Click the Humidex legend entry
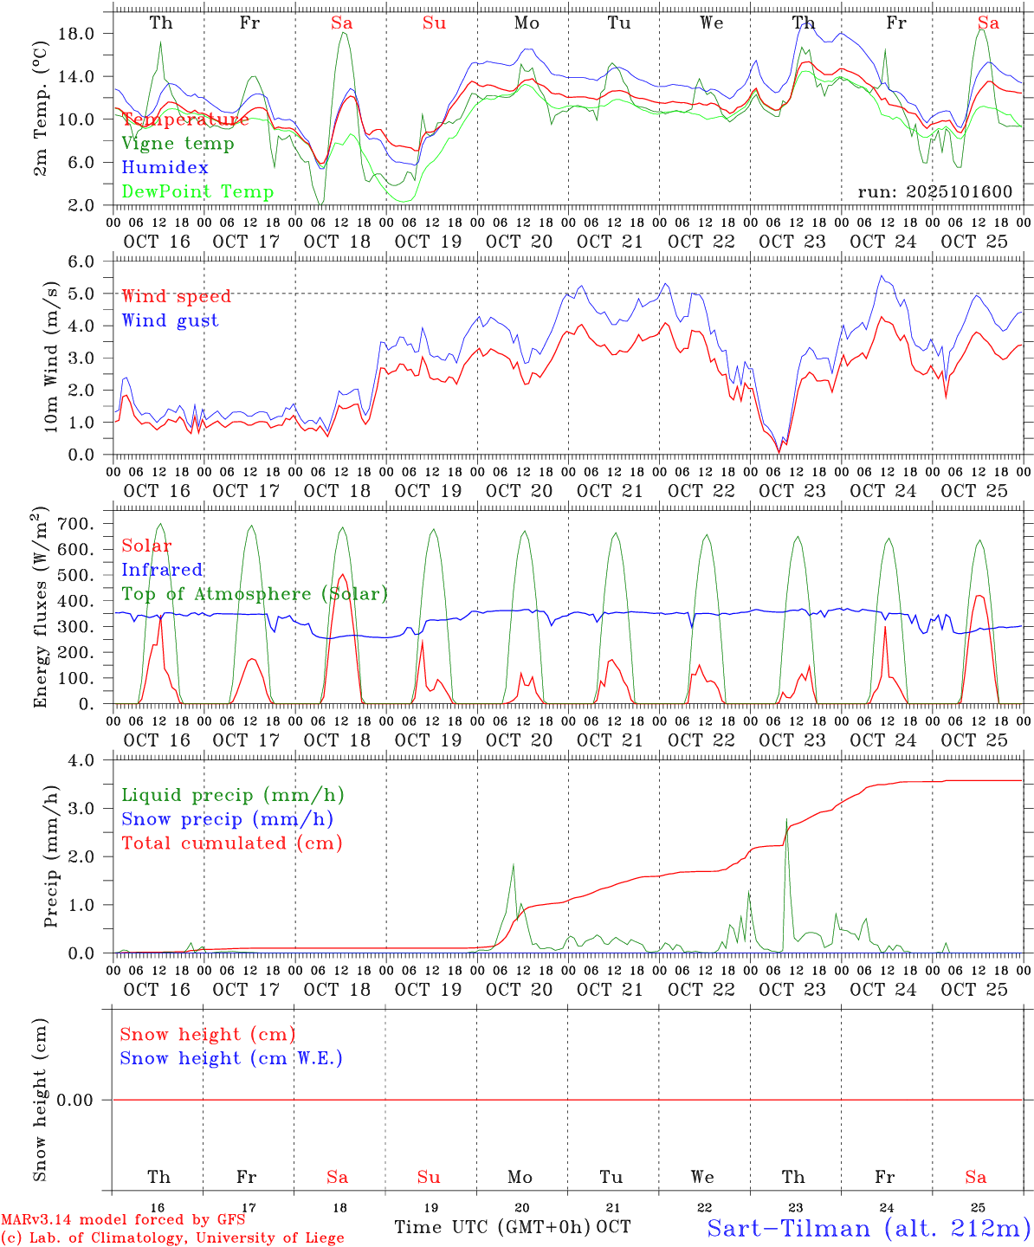[x=165, y=168]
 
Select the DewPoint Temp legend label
[x=197, y=192]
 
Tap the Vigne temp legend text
[x=178, y=144]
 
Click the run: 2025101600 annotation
[x=934, y=192]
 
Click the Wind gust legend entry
[x=170, y=321]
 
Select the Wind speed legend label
[x=177, y=297]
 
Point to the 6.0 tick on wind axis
[x=92, y=262]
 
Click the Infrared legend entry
[x=162, y=570]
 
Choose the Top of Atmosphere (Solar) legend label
[x=255, y=594]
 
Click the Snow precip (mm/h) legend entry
[x=227, y=819]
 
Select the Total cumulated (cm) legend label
[x=231, y=843]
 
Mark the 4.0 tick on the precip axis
[x=92, y=760]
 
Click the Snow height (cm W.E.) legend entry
[x=231, y=1058]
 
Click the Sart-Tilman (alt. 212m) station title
[x=869, y=1228]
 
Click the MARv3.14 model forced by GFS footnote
[x=123, y=1220]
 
